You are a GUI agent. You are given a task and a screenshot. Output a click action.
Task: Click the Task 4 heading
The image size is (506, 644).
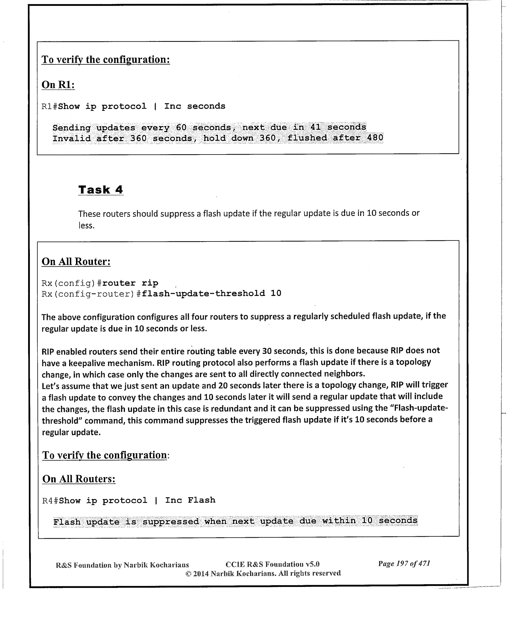[101, 190]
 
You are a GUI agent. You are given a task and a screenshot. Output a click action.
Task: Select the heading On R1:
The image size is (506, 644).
[58, 85]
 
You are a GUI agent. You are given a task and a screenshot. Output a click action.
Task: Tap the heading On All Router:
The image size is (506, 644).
[76, 262]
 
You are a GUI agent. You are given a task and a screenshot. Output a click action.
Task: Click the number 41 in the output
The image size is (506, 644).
[315, 127]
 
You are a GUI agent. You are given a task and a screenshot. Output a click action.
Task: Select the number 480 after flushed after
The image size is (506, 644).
[375, 138]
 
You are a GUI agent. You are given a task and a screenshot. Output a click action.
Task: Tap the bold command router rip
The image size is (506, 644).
[130, 283]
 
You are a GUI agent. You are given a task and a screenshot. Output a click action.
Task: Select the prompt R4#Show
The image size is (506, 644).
[61, 501]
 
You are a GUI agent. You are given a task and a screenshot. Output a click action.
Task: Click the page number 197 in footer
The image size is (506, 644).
[402, 564]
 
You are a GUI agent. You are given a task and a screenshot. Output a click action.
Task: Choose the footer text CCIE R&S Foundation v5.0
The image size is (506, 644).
[272, 565]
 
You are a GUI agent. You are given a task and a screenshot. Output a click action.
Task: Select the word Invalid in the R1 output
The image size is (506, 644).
[72, 139]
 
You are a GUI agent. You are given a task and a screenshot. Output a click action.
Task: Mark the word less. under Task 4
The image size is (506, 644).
[86, 225]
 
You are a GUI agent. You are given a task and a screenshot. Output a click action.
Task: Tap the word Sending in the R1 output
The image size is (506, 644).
[72, 128]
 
